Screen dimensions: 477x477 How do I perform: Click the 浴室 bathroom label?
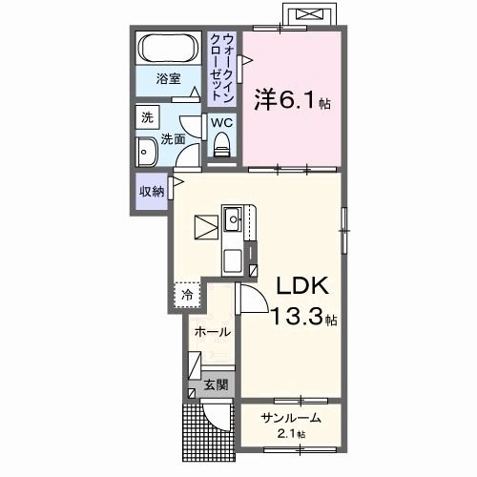(169, 79)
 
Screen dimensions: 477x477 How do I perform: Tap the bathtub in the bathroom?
(169, 48)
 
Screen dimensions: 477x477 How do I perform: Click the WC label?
(220, 122)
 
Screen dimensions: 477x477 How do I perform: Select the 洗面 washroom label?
(173, 138)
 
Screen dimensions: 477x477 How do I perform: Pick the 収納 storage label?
(152, 191)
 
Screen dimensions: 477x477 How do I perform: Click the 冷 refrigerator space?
(188, 295)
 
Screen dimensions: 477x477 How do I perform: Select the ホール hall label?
(211, 332)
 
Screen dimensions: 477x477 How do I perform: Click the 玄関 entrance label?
(216, 385)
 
